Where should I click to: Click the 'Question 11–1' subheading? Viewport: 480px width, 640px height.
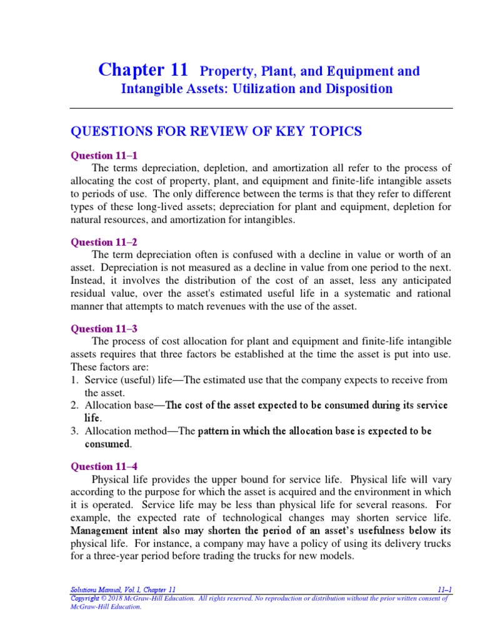pyautogui.click(x=102, y=155)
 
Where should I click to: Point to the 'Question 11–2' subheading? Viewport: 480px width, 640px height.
pyautogui.click(x=102, y=241)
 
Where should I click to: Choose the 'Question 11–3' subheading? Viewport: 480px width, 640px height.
pyautogui.click(x=102, y=328)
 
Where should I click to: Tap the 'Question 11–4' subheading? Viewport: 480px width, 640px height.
pyautogui.click(x=102, y=466)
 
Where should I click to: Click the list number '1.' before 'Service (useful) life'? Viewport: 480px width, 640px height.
pyautogui.click(x=74, y=380)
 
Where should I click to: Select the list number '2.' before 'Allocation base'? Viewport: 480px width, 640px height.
pyautogui.click(x=74, y=406)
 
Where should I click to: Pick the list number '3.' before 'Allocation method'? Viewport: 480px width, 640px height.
pyautogui.click(x=74, y=431)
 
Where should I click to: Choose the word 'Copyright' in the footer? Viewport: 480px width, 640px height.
pyautogui.click(x=86, y=598)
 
